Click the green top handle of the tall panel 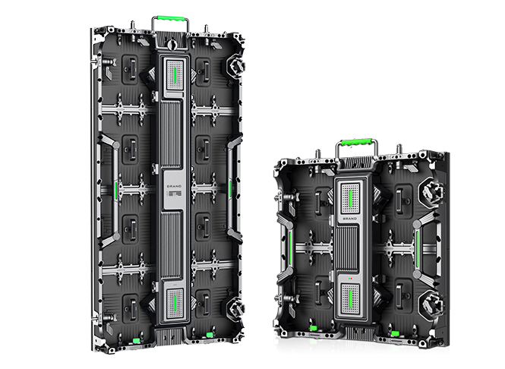[x=170, y=19]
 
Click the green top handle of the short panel [x=356, y=142]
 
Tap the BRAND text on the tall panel [x=174, y=186]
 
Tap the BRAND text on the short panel [x=350, y=219]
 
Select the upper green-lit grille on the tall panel [x=175, y=75]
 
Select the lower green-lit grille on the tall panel [x=175, y=303]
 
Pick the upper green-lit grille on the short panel [x=350, y=197]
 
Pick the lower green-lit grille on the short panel [x=350, y=299]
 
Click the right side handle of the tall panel [x=233, y=187]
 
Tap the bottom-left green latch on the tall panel [x=136, y=340]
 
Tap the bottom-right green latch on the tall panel [x=210, y=335]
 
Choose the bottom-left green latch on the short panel [x=314, y=328]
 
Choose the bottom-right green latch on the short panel [x=395, y=333]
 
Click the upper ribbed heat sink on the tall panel [x=172, y=134]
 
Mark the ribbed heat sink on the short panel [x=347, y=248]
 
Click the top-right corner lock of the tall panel [x=235, y=67]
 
